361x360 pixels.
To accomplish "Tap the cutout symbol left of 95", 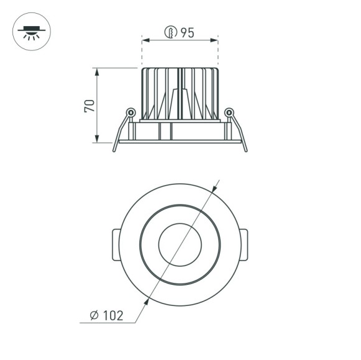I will [x=170, y=33].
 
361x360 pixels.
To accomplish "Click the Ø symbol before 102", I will [x=93, y=316].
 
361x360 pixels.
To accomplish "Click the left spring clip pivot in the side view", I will [x=131, y=112].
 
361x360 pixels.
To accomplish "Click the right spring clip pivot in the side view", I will [x=229, y=112].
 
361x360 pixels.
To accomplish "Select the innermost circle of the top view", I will [x=180, y=244].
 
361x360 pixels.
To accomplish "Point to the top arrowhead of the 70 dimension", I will [x=98, y=70].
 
